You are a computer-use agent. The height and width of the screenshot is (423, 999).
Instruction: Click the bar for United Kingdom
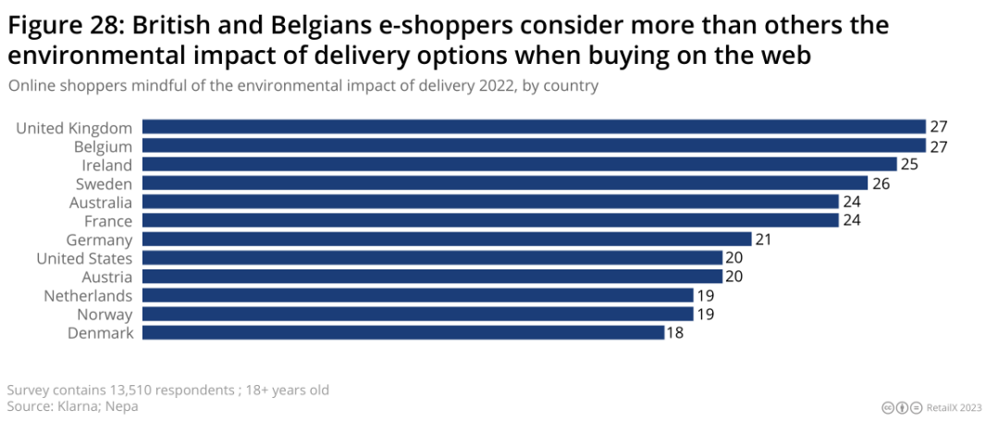tap(534, 127)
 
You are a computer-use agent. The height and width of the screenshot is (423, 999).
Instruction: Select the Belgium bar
tap(534, 146)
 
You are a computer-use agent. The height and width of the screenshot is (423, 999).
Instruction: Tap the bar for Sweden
tap(504, 183)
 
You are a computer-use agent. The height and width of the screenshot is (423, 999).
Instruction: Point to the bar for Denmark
tap(402, 333)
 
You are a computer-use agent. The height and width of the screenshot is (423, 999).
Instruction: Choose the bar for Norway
tap(417, 315)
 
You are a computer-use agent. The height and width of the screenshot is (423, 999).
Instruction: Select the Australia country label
tap(101, 203)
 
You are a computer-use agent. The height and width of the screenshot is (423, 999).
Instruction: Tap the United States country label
tap(84, 258)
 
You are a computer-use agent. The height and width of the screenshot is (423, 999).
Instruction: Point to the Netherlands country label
tap(88, 296)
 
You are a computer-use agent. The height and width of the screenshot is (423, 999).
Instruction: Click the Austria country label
tap(106, 277)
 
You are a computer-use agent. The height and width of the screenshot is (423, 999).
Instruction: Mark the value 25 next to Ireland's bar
tap(910, 165)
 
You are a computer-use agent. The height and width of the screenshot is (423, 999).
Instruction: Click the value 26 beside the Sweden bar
tap(882, 183)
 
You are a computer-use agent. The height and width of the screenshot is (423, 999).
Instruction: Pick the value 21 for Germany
tap(765, 240)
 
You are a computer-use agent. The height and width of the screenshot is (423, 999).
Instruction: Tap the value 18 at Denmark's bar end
tap(676, 333)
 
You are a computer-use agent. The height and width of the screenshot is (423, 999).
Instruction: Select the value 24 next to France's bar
tap(852, 221)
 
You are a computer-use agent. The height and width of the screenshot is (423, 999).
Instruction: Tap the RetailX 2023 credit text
tap(958, 407)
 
